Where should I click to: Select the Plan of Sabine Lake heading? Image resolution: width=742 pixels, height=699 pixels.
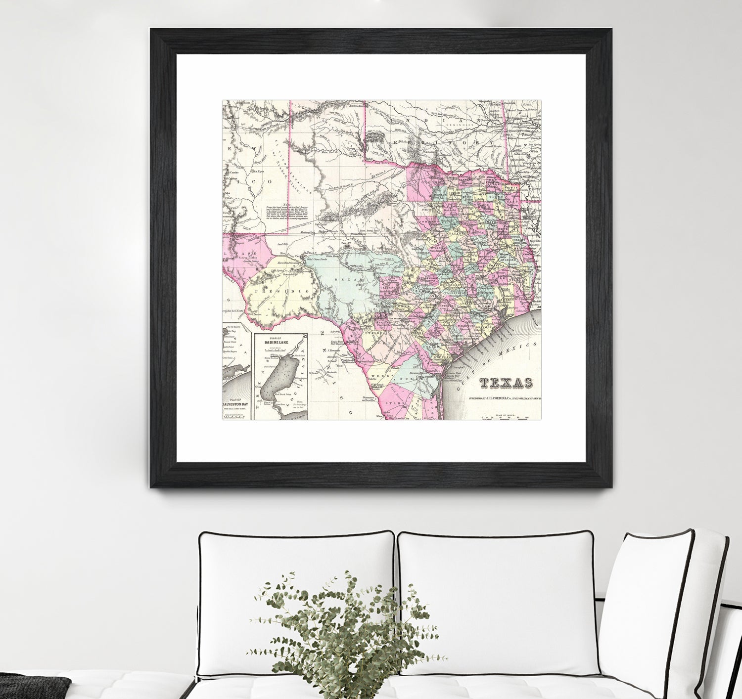pyautogui.click(x=280, y=341)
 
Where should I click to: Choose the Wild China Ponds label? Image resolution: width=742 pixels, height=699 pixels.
pyautogui.click(x=317, y=259)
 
